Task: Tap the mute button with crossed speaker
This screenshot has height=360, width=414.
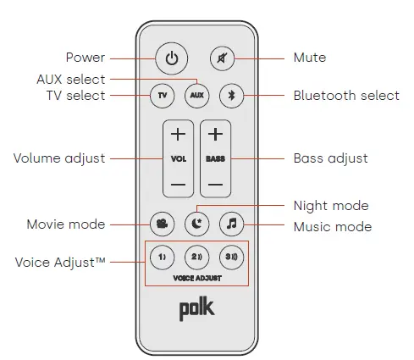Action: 222,59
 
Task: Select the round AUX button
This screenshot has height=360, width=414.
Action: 196,96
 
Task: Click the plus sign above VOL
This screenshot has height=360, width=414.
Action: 177,135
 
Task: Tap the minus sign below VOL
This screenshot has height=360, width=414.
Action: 177,183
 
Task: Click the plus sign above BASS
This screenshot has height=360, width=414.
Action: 215,135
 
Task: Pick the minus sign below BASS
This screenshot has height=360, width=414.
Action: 215,183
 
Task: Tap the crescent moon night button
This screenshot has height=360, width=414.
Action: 196,224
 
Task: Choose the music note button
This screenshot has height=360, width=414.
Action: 231,224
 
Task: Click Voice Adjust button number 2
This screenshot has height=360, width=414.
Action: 196,256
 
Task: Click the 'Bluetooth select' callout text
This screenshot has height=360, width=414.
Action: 346,96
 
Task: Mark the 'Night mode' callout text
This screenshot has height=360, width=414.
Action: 330,206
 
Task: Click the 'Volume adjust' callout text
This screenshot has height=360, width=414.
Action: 59,158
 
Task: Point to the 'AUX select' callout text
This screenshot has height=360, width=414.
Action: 70,78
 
